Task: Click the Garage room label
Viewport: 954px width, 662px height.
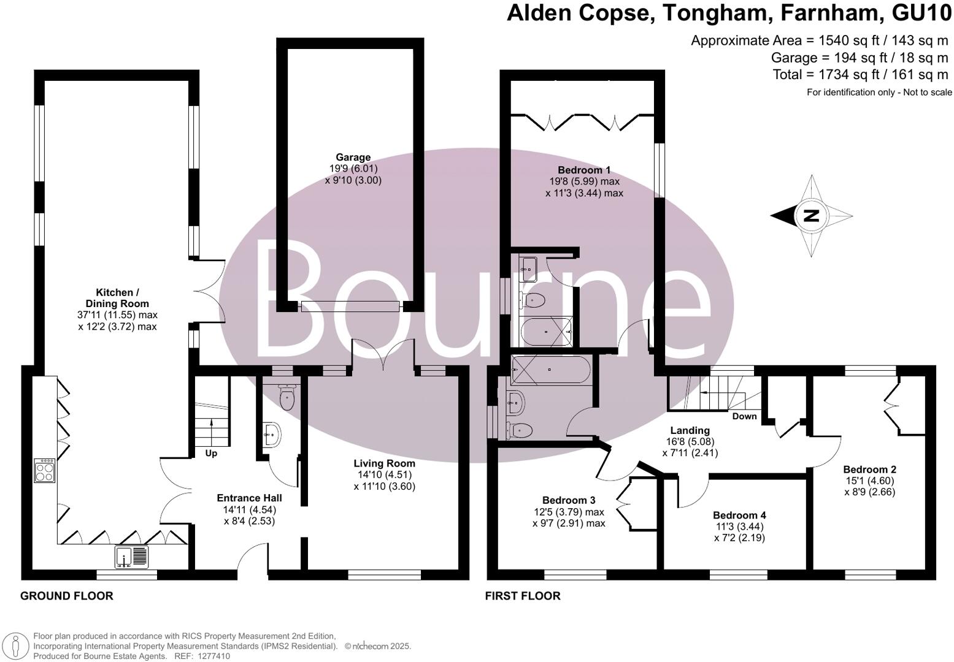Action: (353, 158)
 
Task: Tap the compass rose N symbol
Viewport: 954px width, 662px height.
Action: (811, 216)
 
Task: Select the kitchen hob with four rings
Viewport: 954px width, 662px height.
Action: (45, 470)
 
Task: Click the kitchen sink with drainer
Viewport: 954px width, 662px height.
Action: (131, 557)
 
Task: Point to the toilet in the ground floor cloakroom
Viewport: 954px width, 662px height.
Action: (287, 399)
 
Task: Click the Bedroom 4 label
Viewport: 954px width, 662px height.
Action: (739, 516)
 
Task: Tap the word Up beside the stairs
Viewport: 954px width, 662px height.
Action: (211, 454)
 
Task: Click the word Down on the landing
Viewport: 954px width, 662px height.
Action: (744, 416)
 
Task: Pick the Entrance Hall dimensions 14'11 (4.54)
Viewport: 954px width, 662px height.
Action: (249, 510)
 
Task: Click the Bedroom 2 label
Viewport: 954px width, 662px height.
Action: (869, 470)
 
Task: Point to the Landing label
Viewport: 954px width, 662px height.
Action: (690, 430)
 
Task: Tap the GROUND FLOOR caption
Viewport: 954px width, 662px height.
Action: (67, 596)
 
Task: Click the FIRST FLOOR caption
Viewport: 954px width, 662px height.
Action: (523, 596)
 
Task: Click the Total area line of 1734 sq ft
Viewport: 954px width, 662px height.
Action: (860, 75)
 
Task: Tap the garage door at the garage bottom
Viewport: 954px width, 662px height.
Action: (351, 306)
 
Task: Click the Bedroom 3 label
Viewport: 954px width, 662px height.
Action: (569, 500)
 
